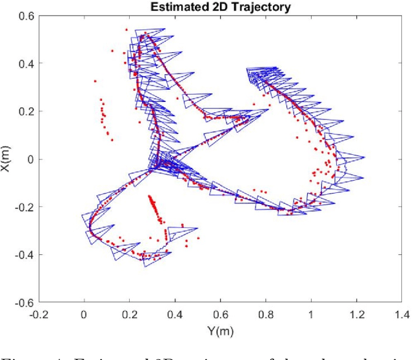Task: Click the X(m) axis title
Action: point(6,159)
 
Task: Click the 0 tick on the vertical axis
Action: point(30,159)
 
